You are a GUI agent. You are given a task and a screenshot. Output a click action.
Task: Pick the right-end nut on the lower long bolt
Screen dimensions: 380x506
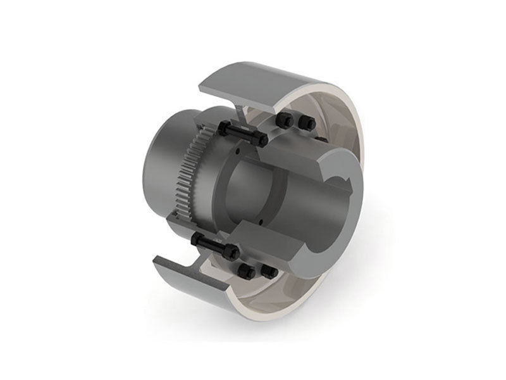[234, 253]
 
